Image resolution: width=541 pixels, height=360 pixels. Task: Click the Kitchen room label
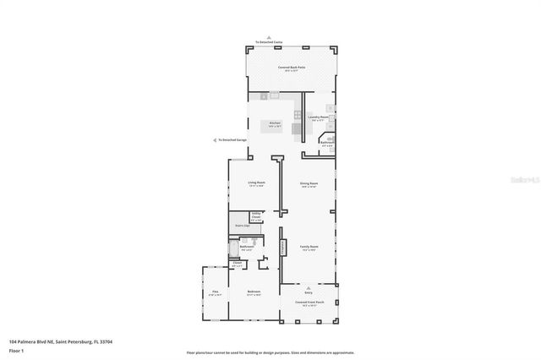tap(275, 124)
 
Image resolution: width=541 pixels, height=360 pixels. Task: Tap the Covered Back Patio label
tap(291, 68)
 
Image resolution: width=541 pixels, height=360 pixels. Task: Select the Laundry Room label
tap(319, 118)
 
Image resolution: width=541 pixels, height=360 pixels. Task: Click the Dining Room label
tap(309, 184)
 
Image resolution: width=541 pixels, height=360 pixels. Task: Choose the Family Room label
tap(309, 248)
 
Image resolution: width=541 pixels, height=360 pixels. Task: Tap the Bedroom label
tap(254, 292)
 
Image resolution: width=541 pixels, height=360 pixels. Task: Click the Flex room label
tap(216, 292)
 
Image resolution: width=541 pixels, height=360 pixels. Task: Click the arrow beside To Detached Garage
tap(215, 140)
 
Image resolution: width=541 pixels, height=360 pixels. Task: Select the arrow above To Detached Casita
tap(270, 36)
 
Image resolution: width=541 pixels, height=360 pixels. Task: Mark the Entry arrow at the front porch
tap(309, 286)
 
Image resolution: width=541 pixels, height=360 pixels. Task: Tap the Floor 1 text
tap(17, 349)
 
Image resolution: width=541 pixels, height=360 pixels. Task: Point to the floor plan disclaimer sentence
tap(270, 352)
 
